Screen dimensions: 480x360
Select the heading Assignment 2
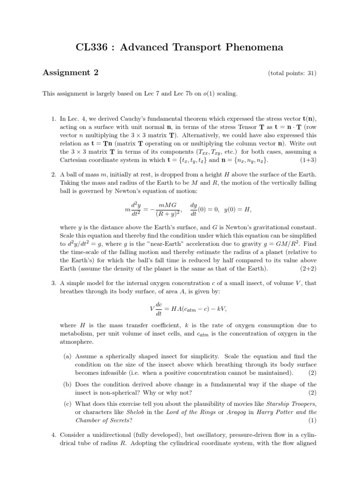(71, 72)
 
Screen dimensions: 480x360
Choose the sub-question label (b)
(67, 383)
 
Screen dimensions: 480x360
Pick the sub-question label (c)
(67, 404)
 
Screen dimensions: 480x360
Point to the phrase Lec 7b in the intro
(175, 94)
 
